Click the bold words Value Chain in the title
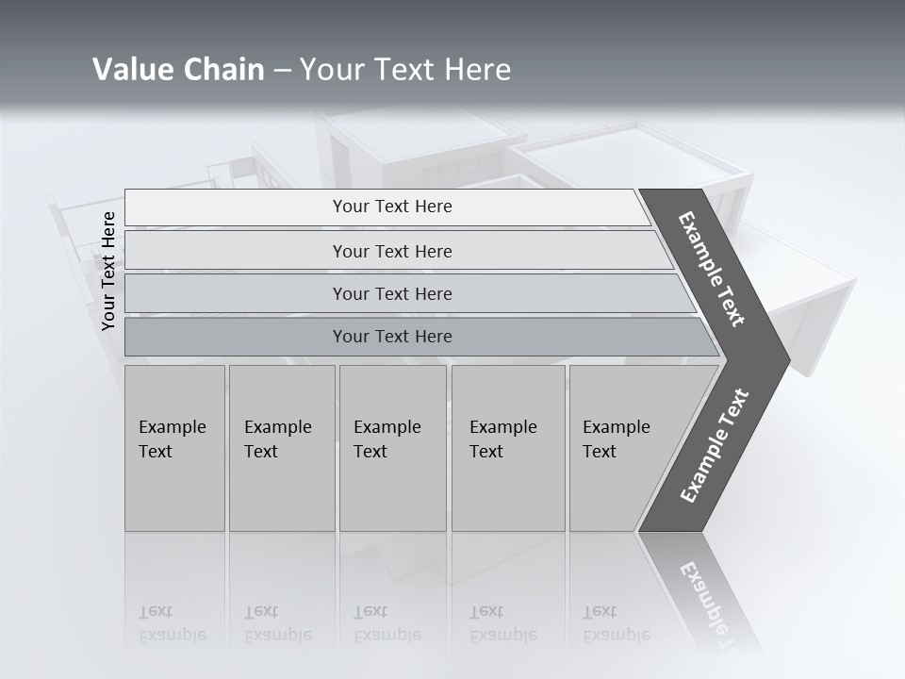178,70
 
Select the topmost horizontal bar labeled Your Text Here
391,207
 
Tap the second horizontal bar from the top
391,251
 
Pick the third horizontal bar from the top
391,293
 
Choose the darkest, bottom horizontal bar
391,337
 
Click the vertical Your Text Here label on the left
108,271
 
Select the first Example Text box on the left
174,448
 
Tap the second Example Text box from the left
281,448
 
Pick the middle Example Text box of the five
392,448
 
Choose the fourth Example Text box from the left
507,448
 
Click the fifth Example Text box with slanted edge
622,448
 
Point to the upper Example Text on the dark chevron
712,269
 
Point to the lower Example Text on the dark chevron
715,446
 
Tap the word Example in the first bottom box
172,427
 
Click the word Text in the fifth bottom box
599,452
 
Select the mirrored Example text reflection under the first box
172,635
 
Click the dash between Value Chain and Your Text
282,71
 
